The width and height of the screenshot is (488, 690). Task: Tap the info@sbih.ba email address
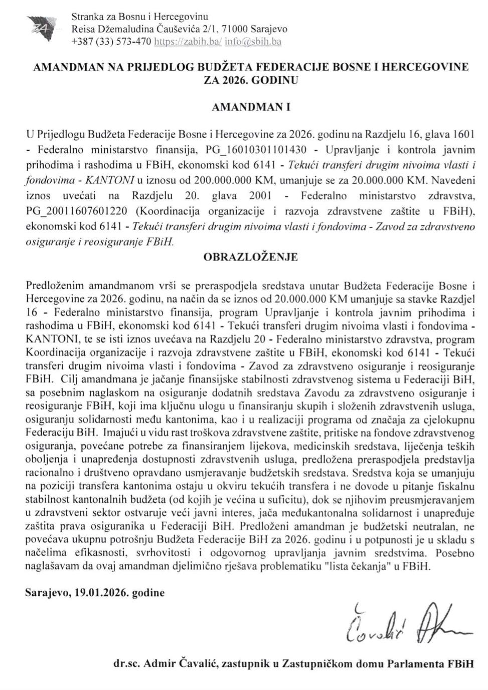click(253, 42)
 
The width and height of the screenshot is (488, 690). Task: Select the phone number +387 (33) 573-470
click(111, 42)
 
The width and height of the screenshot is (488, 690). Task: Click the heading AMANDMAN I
click(251, 107)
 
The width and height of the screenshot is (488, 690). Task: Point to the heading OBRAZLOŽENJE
click(251, 257)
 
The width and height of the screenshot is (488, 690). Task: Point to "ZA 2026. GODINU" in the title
click(251, 79)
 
